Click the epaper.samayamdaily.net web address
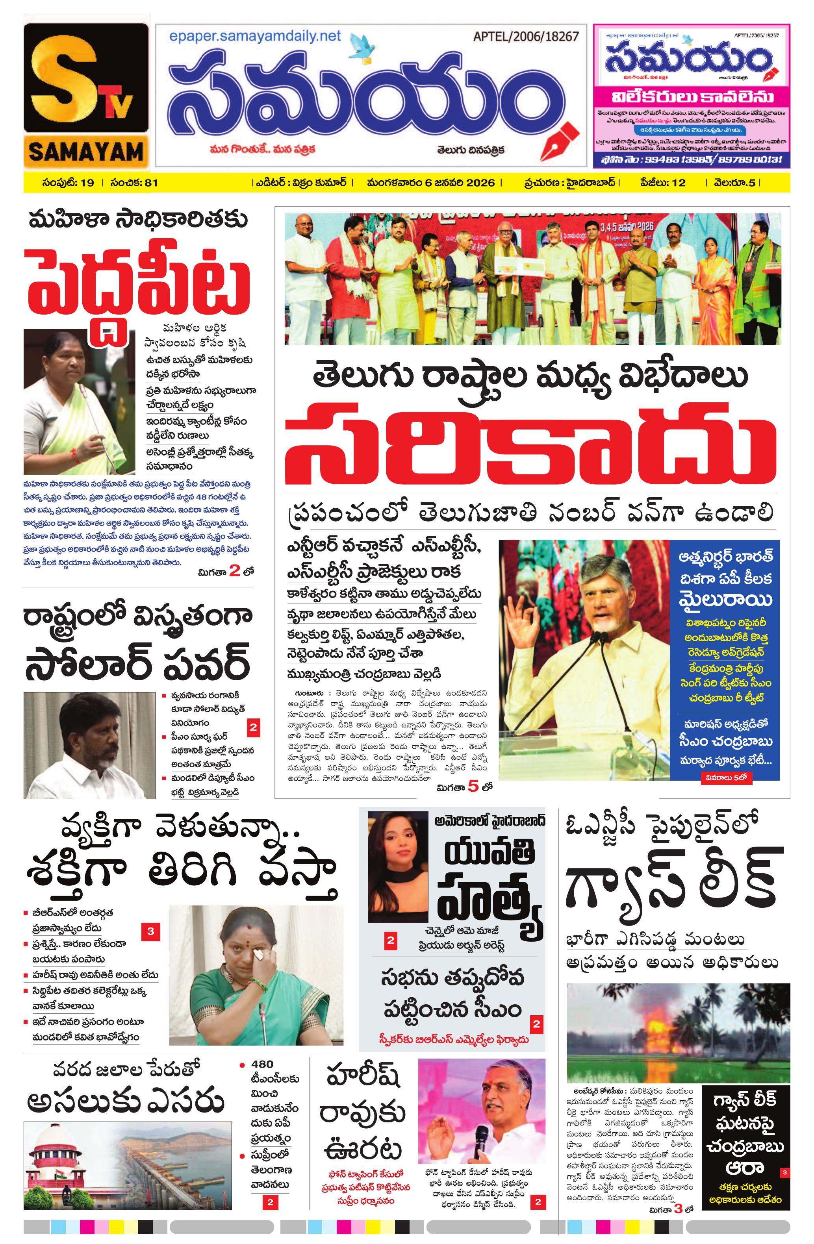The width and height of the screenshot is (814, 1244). coord(255,37)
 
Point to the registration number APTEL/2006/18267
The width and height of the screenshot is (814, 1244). coord(526,37)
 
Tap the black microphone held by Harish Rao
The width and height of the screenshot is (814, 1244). coord(480,1142)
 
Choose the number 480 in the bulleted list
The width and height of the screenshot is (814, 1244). coord(262,1064)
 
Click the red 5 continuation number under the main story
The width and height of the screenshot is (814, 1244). coord(473,786)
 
